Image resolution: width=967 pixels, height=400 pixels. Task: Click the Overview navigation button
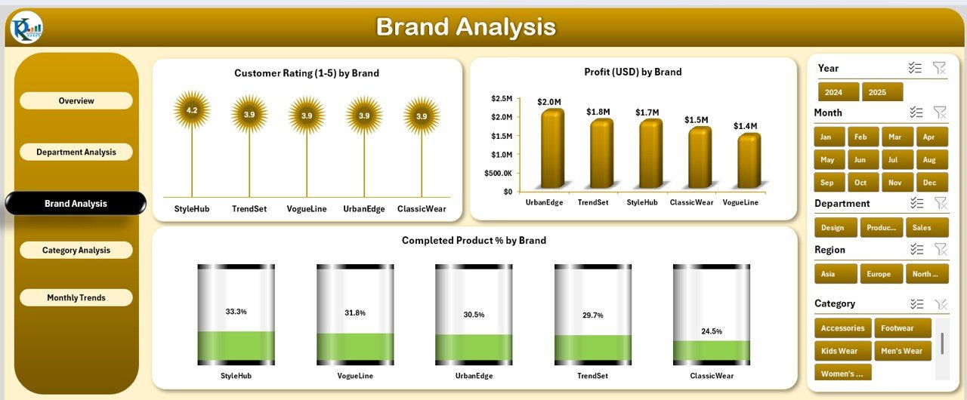pyautogui.click(x=76, y=100)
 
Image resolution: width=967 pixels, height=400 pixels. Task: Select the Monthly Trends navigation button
pyautogui.click(x=76, y=297)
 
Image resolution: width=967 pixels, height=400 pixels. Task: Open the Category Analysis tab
pyautogui.click(x=76, y=250)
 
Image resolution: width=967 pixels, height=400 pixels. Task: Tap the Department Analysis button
pyautogui.click(x=76, y=152)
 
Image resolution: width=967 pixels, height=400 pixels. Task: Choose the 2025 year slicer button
pyautogui.click(x=882, y=92)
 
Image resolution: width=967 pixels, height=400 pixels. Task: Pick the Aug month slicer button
pyautogui.click(x=932, y=159)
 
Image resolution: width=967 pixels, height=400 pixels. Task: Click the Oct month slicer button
pyautogui.click(x=863, y=183)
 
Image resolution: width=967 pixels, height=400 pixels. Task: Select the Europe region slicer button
pyautogui.click(x=881, y=274)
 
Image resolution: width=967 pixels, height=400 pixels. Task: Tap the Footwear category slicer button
pyautogui.click(x=903, y=328)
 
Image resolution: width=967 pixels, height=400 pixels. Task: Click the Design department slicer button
pyautogui.click(x=836, y=228)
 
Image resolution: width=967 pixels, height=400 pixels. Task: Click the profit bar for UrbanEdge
pyautogui.click(x=552, y=149)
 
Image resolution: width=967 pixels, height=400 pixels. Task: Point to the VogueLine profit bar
pyautogui.click(x=749, y=161)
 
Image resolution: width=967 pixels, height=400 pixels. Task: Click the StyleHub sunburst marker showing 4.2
pyautogui.click(x=192, y=110)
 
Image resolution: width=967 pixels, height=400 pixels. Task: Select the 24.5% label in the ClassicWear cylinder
pyautogui.click(x=712, y=331)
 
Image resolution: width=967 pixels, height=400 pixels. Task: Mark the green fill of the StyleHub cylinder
pyautogui.click(x=236, y=346)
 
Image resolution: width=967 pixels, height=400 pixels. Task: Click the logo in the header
pyautogui.click(x=26, y=27)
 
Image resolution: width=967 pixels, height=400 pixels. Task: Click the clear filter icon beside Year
pyautogui.click(x=939, y=68)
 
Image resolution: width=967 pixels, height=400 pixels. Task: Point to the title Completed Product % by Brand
pyautogui.click(x=474, y=240)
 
